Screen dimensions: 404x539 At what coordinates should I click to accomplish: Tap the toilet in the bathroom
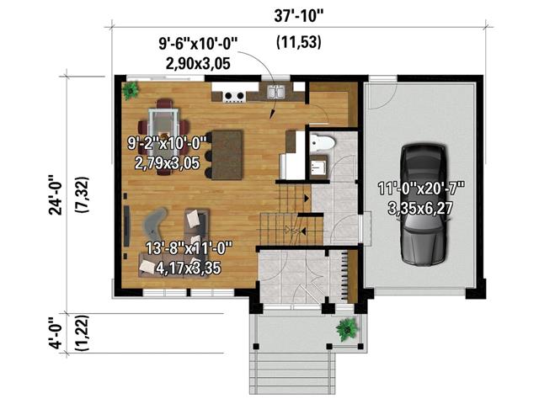pyautogui.click(x=323, y=142)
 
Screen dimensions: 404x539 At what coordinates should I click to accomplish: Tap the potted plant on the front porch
pyautogui.click(x=345, y=328)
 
